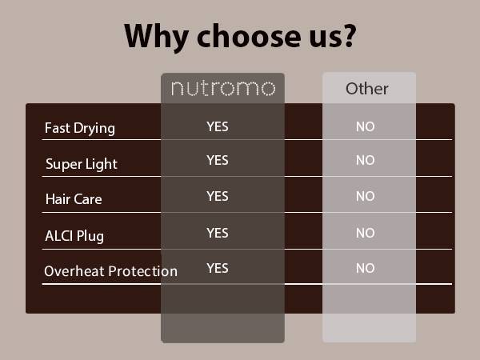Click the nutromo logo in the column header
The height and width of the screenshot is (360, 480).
point(222,88)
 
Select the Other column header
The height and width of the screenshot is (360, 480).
point(367,88)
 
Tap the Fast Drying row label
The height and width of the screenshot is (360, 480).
point(80,128)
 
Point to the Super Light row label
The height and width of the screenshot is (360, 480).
point(82,164)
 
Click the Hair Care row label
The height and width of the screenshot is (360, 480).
point(74,199)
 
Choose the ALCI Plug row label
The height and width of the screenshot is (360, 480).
point(74,235)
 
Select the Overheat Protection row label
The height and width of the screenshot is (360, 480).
point(110,270)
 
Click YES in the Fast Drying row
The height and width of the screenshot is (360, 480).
point(218,126)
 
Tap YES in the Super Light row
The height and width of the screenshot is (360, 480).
point(218,160)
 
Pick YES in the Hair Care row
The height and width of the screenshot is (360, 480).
point(218,196)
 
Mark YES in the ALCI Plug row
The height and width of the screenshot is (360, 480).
point(218,233)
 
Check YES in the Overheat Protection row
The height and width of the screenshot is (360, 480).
point(218,268)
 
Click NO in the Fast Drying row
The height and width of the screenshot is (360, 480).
point(365,126)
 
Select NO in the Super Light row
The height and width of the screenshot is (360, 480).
point(365,161)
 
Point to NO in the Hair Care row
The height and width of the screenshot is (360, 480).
point(365,197)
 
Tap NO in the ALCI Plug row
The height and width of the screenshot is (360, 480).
point(365,234)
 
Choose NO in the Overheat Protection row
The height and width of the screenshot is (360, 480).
point(365,269)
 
